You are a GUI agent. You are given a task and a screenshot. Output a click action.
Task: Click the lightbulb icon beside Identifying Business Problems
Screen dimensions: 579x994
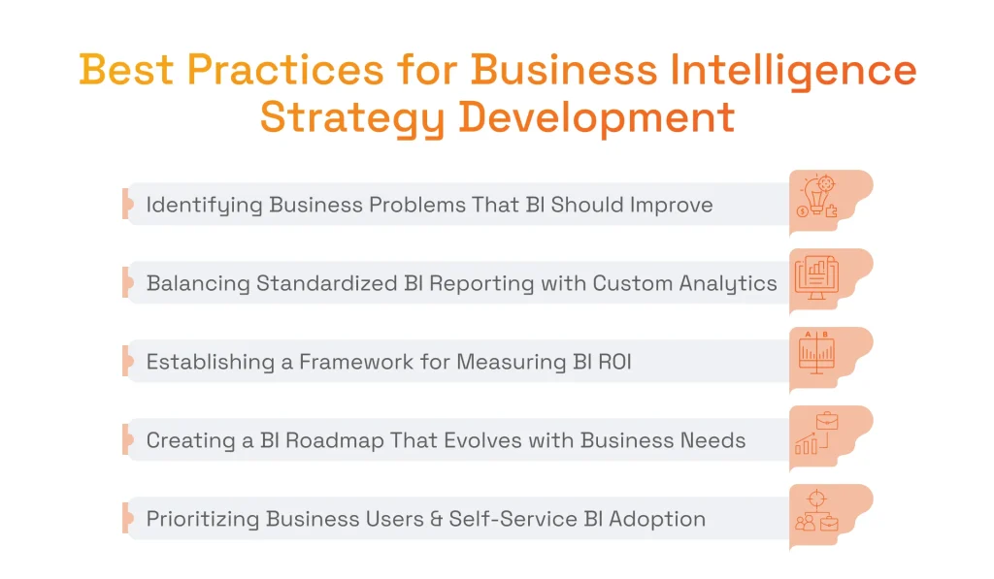(x=816, y=198)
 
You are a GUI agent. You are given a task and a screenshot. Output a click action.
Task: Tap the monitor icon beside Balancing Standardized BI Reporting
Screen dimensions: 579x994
(x=816, y=276)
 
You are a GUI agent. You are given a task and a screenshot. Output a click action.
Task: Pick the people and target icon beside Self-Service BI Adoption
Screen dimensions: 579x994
(x=816, y=511)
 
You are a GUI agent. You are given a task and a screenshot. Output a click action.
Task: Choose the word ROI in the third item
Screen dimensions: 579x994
(x=612, y=363)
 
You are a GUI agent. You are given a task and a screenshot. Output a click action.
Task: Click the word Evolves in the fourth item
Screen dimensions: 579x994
(x=460, y=441)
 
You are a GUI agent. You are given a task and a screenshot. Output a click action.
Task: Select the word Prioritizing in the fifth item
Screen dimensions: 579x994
(x=203, y=520)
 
